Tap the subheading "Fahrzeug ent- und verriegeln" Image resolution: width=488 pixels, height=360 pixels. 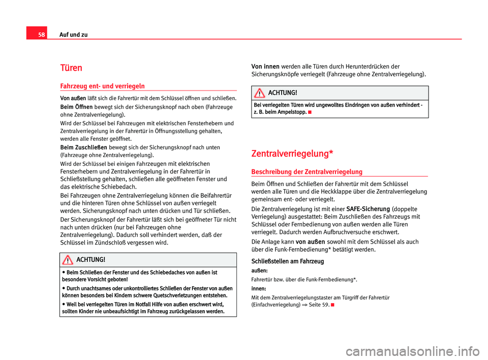[96, 85]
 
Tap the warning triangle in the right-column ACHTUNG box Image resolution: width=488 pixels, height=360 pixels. [260, 93]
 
